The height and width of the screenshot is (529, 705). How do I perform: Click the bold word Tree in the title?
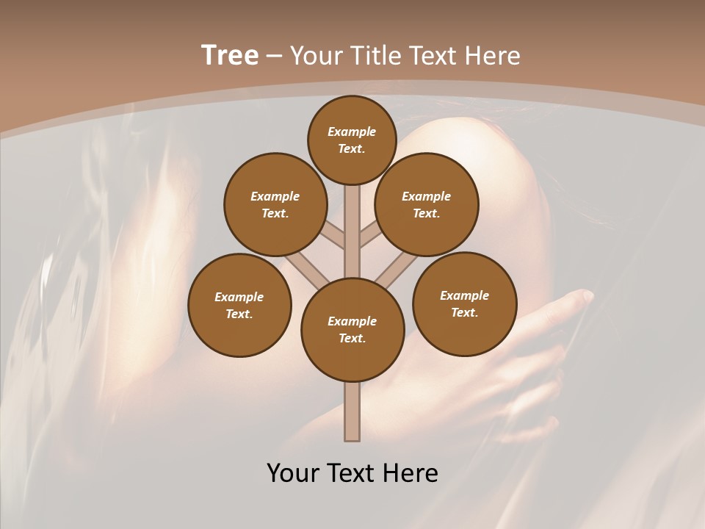pyautogui.click(x=230, y=56)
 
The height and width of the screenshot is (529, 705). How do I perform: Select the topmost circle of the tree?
pyautogui.click(x=352, y=140)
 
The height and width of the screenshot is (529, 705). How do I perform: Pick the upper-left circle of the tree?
pyautogui.click(x=275, y=204)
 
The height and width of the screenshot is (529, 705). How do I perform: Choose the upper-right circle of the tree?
pyautogui.click(x=427, y=204)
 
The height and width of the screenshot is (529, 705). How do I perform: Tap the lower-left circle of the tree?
pyautogui.click(x=239, y=305)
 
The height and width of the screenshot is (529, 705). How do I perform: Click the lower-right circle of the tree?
pyautogui.click(x=465, y=303)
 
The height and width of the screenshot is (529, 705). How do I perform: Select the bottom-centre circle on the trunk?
pyautogui.click(x=352, y=330)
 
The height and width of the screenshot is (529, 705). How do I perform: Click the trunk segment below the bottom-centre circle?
pyautogui.click(x=352, y=411)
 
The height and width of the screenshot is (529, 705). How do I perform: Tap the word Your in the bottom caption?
pyautogui.click(x=293, y=472)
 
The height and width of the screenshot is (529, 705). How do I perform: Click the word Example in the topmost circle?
pyautogui.click(x=352, y=132)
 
